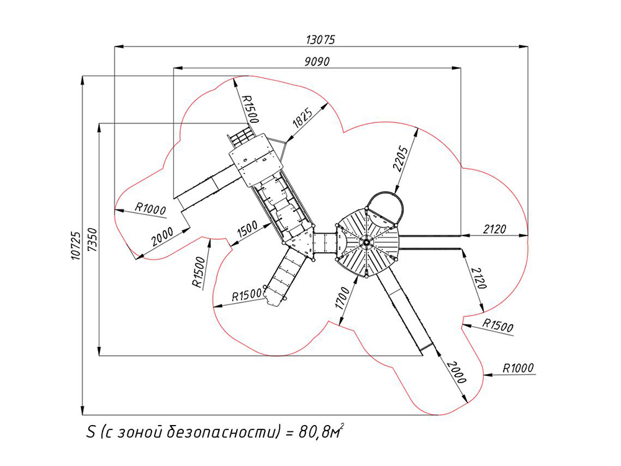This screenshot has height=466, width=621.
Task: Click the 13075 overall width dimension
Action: (320, 39)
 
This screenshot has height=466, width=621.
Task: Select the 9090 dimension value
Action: (317, 61)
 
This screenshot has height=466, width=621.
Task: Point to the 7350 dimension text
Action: (92, 239)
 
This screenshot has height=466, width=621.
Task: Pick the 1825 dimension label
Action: (303, 117)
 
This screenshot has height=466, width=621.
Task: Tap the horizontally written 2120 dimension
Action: (494, 229)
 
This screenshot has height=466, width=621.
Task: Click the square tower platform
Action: (253, 159)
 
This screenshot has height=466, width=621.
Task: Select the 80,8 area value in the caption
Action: (314, 432)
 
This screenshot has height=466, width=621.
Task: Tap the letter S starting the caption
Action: (91, 432)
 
